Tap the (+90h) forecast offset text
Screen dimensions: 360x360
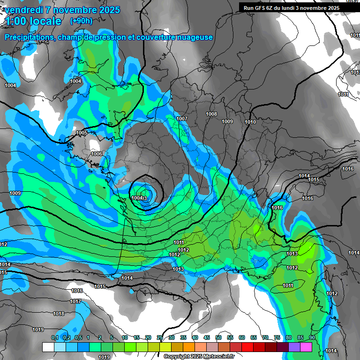pos(81,21)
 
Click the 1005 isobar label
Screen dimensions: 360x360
pos(82,133)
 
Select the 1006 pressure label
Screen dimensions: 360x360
pos(97,154)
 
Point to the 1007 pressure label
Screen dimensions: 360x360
pos(182,119)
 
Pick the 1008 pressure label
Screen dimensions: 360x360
pos(212,114)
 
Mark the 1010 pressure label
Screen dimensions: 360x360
pos(250,122)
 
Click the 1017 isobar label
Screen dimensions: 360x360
pos(75,301)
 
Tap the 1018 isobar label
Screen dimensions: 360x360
pos(59,314)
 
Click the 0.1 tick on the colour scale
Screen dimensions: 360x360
pos(54,338)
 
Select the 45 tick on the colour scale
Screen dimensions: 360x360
pos(207,338)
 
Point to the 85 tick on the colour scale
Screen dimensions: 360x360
pos(300,338)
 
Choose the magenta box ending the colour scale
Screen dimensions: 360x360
pos(306,347)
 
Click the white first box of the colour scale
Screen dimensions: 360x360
pos(48,347)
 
